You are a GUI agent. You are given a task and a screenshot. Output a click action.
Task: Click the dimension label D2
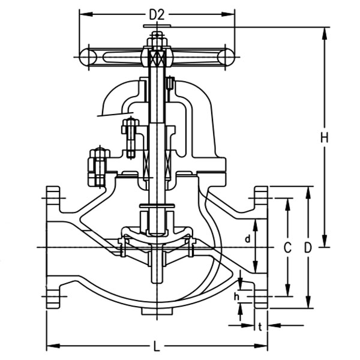[157, 14]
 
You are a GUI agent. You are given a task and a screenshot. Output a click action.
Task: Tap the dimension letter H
[324, 137]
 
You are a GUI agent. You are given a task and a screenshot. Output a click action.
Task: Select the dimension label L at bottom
[157, 347]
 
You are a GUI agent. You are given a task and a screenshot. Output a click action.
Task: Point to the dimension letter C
[287, 248]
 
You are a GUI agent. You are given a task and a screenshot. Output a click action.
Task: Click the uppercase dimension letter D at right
[308, 248]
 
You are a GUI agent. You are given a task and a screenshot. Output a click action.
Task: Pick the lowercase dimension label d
[247, 239]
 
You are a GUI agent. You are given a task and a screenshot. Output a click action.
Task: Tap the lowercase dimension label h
[236, 296]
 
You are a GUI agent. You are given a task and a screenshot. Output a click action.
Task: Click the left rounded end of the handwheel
[88, 56]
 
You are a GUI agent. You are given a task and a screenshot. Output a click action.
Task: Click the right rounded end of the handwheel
[226, 56]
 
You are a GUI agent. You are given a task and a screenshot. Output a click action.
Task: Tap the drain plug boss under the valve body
[157, 310]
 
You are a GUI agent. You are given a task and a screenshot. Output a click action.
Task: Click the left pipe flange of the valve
[53, 247]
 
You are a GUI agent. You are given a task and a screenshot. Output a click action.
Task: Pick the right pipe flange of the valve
[261, 247]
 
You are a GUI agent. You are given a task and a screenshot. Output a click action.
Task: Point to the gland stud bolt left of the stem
[130, 137]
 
